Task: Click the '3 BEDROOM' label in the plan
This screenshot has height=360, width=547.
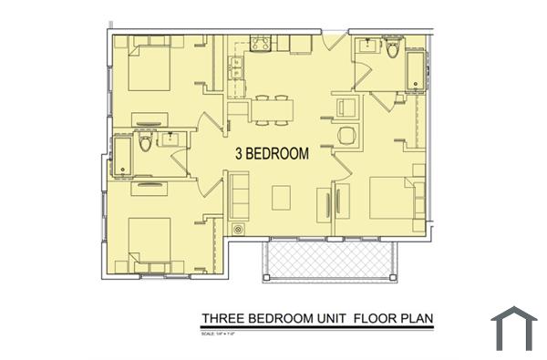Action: point(272,154)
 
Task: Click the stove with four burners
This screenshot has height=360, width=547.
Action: point(259,43)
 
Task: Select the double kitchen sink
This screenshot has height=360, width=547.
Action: point(235,68)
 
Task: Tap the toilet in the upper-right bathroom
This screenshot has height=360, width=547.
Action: point(393,48)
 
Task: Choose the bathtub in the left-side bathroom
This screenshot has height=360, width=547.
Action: point(122,156)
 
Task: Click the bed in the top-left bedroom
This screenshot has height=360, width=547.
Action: point(150,67)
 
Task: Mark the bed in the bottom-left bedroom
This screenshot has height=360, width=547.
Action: point(150,239)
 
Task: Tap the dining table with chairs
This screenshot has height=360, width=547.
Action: point(274,108)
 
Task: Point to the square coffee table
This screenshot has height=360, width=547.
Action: point(282,197)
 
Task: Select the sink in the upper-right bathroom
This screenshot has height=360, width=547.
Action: point(368,46)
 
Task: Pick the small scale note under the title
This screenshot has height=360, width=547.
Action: point(221,332)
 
